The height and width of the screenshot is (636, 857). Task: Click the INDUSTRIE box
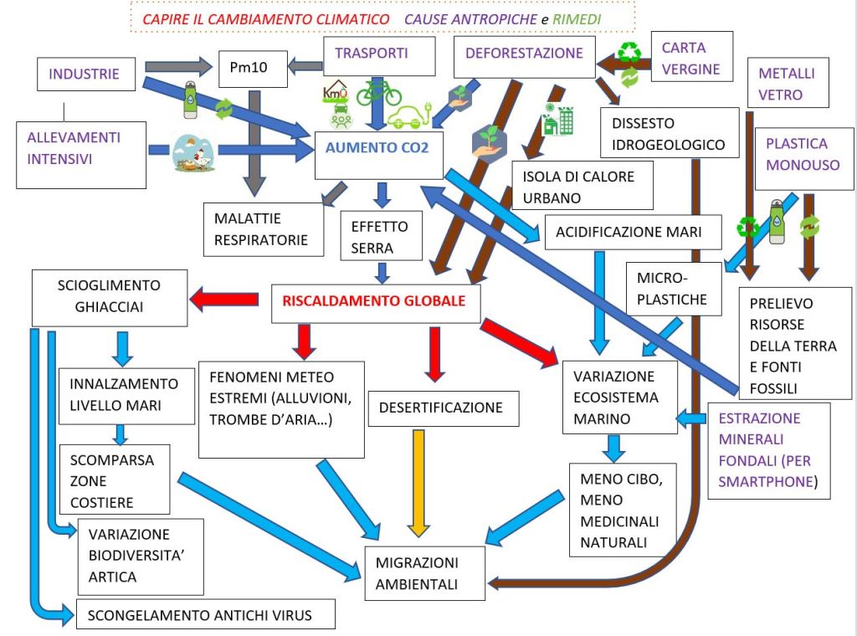84,74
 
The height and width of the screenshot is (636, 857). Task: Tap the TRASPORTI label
372,54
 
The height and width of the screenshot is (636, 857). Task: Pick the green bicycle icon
379,91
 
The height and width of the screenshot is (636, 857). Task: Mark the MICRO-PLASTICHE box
673,289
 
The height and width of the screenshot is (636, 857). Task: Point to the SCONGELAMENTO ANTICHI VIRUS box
205,615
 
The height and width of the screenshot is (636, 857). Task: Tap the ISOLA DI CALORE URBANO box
582,186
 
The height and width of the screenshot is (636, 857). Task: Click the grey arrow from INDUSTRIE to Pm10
179,65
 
